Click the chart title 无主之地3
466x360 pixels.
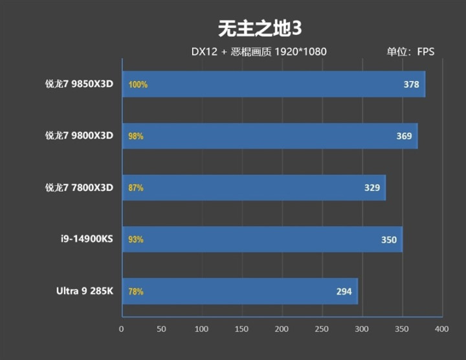point(260,28)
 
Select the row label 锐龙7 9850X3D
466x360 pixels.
point(79,84)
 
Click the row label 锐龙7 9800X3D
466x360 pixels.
point(79,136)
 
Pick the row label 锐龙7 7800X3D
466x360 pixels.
point(79,188)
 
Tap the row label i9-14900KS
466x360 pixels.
point(85,240)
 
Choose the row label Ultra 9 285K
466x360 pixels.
point(84,291)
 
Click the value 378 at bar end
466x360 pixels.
point(411,84)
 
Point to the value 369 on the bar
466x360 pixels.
point(404,136)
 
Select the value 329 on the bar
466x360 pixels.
point(372,188)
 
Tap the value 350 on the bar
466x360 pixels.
point(388,240)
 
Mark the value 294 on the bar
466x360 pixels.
point(344,291)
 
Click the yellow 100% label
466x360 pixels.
point(138,85)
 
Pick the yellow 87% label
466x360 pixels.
point(136,188)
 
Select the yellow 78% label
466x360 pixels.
point(136,292)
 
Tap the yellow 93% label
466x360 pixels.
point(136,240)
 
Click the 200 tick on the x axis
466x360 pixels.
point(282,329)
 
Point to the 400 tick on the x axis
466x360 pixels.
point(441,329)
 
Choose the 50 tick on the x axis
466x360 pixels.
point(162,329)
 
